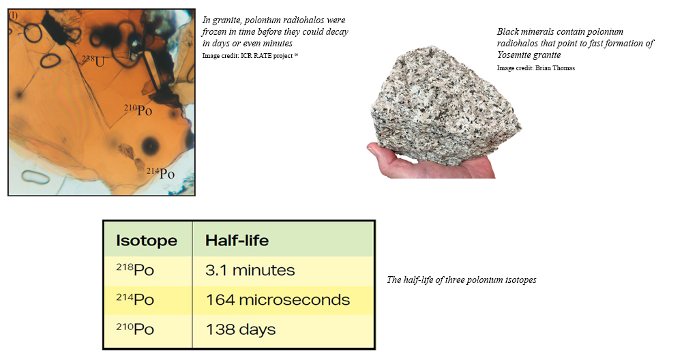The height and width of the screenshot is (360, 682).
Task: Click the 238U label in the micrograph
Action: (93, 61)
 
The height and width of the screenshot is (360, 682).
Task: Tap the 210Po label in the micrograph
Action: (138, 110)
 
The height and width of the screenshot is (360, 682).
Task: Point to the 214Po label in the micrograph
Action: (160, 173)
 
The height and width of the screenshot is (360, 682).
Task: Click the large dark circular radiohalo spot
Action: (150, 145)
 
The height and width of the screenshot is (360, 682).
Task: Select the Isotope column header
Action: (147, 241)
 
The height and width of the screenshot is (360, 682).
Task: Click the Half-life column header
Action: (237, 241)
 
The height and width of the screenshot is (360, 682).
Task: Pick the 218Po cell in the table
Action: (135, 269)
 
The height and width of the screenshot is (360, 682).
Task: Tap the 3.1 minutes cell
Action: (250, 271)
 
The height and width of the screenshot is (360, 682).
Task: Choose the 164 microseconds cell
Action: (278, 300)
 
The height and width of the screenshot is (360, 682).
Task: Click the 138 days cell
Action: (241, 329)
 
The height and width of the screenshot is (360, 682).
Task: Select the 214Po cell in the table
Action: (135, 299)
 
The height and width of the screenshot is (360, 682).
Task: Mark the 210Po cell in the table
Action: (135, 329)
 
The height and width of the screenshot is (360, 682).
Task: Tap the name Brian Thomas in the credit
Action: (555, 68)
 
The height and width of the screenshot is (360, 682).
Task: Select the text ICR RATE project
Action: (266, 56)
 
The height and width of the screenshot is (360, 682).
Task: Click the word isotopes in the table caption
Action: (520, 280)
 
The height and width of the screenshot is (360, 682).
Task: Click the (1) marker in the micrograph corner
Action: (14, 16)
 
